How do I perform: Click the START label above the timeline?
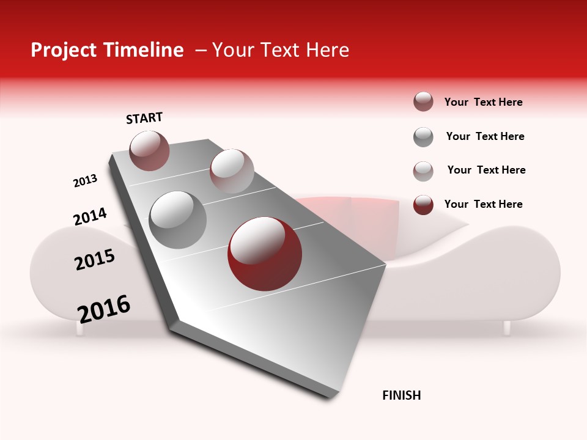click(144, 118)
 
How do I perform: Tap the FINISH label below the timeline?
click(401, 395)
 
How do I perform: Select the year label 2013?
click(85, 181)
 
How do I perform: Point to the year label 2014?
click(90, 217)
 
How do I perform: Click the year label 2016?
click(104, 309)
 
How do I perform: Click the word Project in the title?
click(64, 50)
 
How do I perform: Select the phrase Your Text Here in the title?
click(281, 50)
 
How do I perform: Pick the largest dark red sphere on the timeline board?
click(264, 254)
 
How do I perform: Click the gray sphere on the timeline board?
click(178, 220)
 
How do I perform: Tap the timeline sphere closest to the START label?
click(149, 150)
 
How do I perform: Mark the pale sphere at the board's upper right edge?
click(232, 171)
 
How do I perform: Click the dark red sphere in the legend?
click(423, 205)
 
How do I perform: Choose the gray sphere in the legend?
click(423, 137)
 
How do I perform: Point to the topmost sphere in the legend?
click(423, 102)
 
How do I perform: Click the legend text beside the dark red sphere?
click(483, 204)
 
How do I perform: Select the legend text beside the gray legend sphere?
click(485, 136)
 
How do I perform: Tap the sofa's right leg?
click(506, 328)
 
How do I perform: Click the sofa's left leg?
click(79, 329)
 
